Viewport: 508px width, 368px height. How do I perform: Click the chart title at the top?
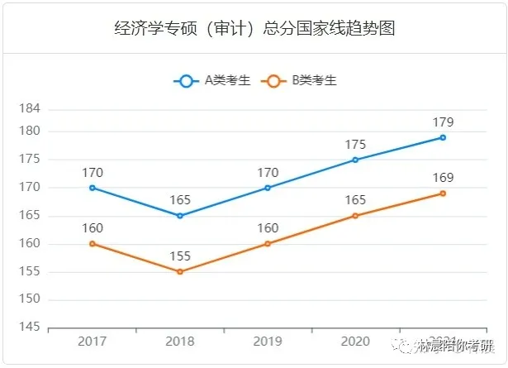pyautogui.click(x=254, y=29)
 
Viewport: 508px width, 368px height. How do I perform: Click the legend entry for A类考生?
pyautogui.click(x=211, y=81)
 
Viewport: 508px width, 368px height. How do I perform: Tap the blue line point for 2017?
pyautogui.click(x=93, y=188)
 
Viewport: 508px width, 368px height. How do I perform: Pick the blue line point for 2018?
pyautogui.click(x=180, y=216)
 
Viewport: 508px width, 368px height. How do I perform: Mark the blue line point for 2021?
pyautogui.click(x=443, y=137)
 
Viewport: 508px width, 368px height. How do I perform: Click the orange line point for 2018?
pyautogui.click(x=180, y=271)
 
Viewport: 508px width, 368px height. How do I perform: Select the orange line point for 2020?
pyautogui.click(x=355, y=216)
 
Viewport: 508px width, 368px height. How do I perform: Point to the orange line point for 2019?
pyautogui.click(x=268, y=244)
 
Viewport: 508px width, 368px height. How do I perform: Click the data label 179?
pyautogui.click(x=443, y=122)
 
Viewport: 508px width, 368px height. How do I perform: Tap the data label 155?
pyautogui.click(x=180, y=256)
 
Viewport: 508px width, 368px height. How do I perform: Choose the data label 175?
pyautogui.click(x=355, y=145)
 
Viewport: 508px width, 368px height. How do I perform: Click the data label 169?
pyautogui.click(x=443, y=178)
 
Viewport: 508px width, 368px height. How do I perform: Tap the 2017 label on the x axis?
pyautogui.click(x=93, y=342)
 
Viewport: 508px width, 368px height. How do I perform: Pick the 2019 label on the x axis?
pyautogui.click(x=268, y=342)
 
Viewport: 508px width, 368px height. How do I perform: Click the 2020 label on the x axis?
pyautogui.click(x=355, y=342)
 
